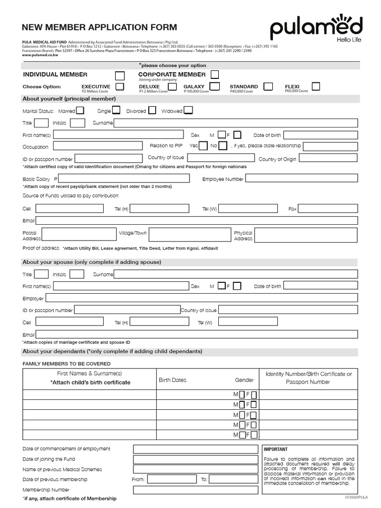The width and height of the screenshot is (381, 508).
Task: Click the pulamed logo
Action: pos(316,28)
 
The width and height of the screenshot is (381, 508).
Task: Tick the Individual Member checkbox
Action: pos(120,75)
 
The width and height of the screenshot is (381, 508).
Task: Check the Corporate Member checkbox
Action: pos(215,74)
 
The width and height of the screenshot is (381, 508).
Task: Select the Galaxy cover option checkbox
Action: pos(215,87)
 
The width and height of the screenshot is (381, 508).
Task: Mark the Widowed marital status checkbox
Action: pos(189,111)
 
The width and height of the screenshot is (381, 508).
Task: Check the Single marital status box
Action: pos(118,111)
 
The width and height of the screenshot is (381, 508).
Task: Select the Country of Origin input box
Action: pos(328,159)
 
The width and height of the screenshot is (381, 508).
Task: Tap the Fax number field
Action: pos(328,209)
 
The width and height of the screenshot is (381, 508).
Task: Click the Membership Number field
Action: pos(195,490)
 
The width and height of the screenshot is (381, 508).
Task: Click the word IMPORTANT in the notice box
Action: pos(276,449)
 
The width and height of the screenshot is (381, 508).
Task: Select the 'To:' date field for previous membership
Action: pos(234,480)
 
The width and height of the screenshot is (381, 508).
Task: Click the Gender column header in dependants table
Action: pos(244,380)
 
